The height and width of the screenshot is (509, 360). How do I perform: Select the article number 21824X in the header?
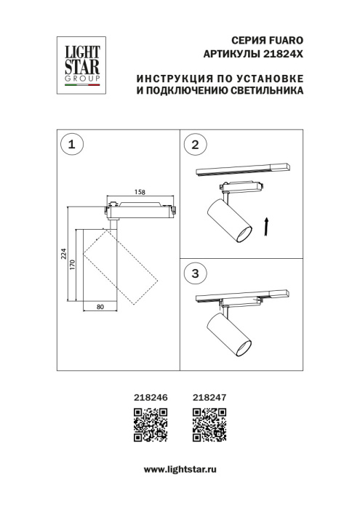281,55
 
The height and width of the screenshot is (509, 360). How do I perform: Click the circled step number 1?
71,145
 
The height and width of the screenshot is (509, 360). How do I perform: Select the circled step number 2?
194,145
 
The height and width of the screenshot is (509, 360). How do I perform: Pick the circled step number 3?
194,273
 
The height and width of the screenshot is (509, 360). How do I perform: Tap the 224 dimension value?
64,254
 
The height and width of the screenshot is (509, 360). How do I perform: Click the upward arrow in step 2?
267,225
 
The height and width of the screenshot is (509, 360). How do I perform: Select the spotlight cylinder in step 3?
229,336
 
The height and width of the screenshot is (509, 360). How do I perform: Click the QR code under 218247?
209,425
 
